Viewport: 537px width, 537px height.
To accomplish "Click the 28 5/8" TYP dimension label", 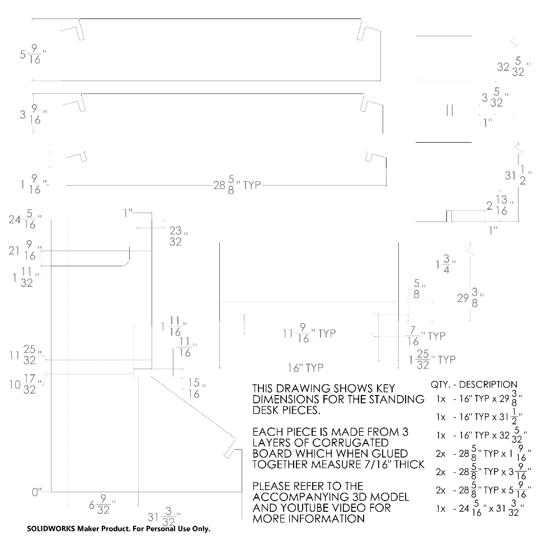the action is pos(237,185).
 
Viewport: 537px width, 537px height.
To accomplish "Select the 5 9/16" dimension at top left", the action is pos(33,54).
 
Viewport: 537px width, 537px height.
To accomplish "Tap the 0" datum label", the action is pos(37,492).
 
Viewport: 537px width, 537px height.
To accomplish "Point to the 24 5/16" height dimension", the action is pos(25,219).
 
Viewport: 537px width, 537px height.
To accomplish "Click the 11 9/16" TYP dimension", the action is pos(309,333).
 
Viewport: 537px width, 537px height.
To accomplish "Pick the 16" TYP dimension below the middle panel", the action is pos(305,368).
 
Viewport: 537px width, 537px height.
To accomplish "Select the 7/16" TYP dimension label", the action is pos(426,336).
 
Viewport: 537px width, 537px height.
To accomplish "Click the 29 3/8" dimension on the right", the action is pos(470,298).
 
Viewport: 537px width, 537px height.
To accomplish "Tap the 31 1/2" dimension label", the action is pos(518,175).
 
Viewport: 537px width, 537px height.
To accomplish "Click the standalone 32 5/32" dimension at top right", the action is pos(514,67).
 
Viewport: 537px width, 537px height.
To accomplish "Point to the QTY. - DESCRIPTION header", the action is pos(474,384).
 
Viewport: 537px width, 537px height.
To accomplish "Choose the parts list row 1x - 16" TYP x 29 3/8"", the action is pos(479,399).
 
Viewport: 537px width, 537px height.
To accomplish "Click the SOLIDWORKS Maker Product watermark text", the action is pos(119,529).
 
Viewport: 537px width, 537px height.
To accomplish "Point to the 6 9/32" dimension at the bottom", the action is pos(102,505).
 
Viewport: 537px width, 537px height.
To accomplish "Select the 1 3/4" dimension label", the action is pos(446,264).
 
